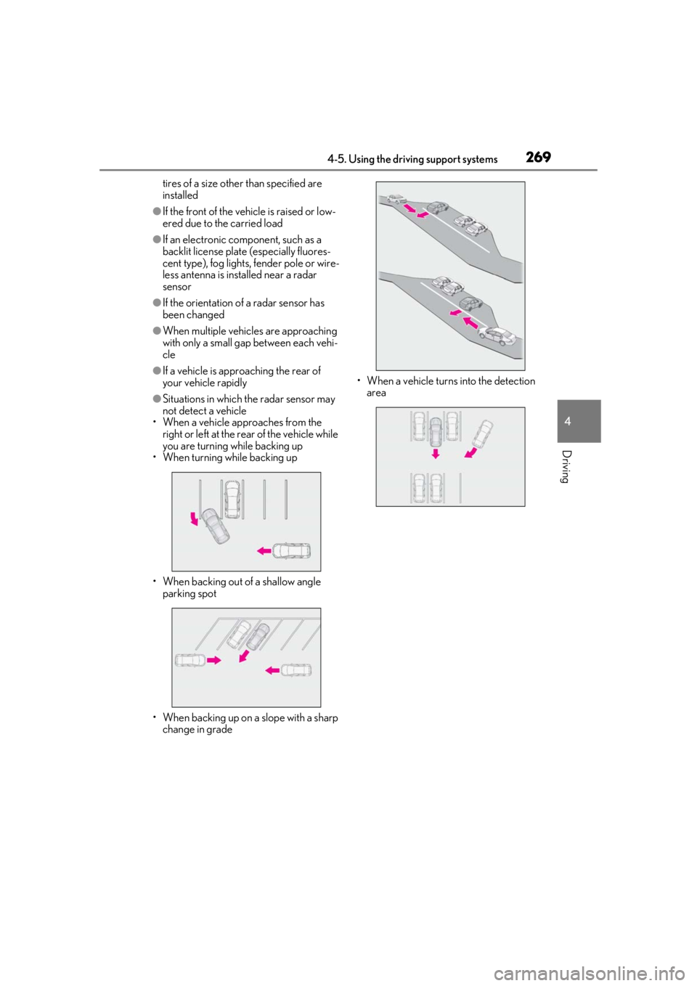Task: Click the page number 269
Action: click(538, 157)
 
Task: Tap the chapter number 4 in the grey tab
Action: click(568, 421)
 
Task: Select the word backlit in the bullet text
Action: click(176, 252)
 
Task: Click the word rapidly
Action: click(231, 383)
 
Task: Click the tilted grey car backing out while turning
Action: click(215, 526)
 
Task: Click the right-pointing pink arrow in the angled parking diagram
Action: click(214, 660)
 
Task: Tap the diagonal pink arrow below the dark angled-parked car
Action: click(244, 656)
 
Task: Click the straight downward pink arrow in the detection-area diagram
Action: click(435, 454)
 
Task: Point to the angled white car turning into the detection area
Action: click(482, 433)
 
